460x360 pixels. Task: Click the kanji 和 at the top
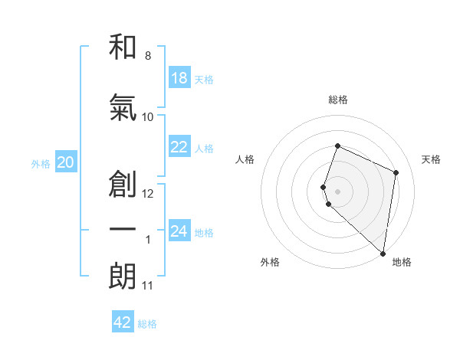123,47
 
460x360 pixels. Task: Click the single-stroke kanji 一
123,230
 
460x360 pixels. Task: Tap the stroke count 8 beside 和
147,56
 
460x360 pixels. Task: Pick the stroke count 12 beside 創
148,194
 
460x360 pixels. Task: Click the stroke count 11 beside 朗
147,286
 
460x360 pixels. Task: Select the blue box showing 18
179,78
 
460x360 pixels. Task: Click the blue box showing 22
179,147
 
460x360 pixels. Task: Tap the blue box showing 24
179,231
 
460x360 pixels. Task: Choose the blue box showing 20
66,162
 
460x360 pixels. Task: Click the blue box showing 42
122,322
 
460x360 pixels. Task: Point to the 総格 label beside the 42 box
147,324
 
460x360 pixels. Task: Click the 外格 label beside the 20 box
41,163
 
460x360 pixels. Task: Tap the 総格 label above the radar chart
337,100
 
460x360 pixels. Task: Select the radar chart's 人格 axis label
245,159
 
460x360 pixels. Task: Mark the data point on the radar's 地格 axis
383,253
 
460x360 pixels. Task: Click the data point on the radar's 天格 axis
396,172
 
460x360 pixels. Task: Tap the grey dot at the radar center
337,191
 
